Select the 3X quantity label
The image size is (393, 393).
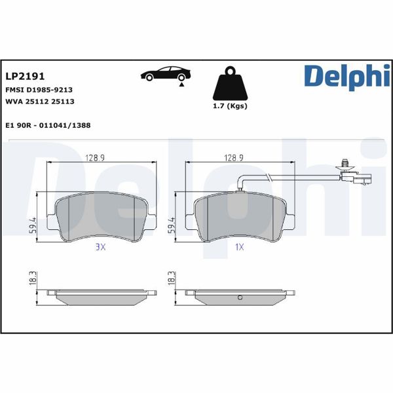(x=100, y=247)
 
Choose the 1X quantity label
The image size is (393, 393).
(x=239, y=247)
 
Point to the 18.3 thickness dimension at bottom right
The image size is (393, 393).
(x=171, y=278)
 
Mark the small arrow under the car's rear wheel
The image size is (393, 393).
(x=182, y=84)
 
